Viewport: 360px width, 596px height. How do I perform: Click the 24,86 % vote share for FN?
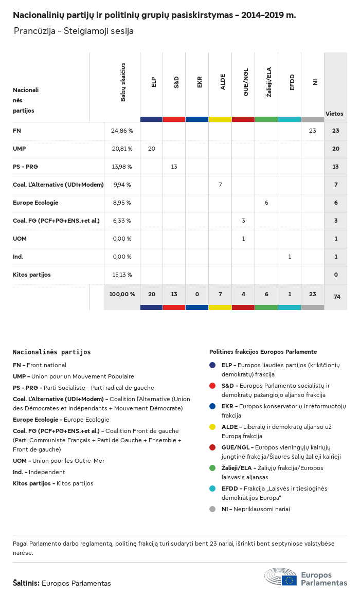(122, 131)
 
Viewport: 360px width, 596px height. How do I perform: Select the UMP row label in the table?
(20, 149)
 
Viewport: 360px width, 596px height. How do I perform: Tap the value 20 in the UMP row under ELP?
(151, 149)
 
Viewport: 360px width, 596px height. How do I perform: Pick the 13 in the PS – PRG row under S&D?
(174, 167)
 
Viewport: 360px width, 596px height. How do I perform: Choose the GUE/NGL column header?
(246, 82)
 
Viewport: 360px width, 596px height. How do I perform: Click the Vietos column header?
(334, 114)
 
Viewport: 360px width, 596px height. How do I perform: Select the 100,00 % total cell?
(122, 294)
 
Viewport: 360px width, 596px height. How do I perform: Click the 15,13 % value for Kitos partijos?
(122, 275)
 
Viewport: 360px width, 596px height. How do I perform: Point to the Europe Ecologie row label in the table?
(35, 203)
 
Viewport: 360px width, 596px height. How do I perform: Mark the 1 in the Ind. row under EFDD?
(290, 257)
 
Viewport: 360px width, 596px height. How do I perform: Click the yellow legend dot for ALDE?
(212, 427)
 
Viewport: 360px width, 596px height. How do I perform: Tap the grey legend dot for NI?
(212, 509)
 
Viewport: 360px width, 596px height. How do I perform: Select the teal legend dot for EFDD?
(212, 489)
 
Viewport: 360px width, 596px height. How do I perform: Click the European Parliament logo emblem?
(281, 577)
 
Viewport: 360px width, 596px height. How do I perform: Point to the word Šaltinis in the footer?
(26, 583)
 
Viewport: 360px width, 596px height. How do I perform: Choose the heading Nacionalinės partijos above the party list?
(51, 352)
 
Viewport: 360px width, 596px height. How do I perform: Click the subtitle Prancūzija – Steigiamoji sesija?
(74, 31)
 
